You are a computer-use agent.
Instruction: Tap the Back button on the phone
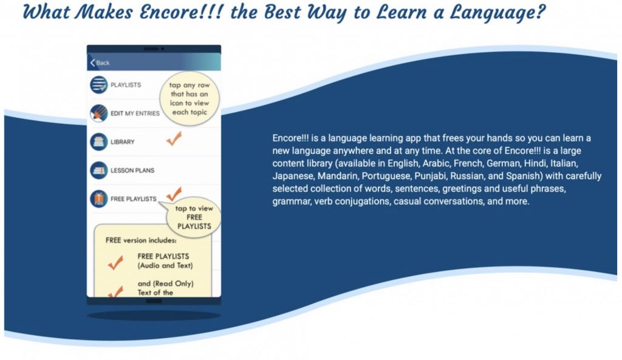[x=100, y=63]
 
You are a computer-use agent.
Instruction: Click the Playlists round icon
[x=98, y=85]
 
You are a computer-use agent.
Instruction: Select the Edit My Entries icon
[x=98, y=113]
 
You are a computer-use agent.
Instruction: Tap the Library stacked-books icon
[x=98, y=141]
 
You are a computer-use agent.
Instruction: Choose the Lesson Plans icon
[x=98, y=170]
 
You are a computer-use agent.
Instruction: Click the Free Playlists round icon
[x=98, y=199]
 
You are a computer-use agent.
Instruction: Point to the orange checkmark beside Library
[x=174, y=138]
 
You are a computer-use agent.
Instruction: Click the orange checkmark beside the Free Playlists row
[x=174, y=194]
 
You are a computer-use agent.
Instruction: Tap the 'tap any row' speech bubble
[x=190, y=98]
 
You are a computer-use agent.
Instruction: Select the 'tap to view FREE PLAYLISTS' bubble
[x=194, y=217]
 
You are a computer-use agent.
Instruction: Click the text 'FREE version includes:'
[x=141, y=240]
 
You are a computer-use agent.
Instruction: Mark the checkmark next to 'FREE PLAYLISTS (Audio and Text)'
[x=115, y=262]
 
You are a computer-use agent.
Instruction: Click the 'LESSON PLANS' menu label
[x=132, y=171]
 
